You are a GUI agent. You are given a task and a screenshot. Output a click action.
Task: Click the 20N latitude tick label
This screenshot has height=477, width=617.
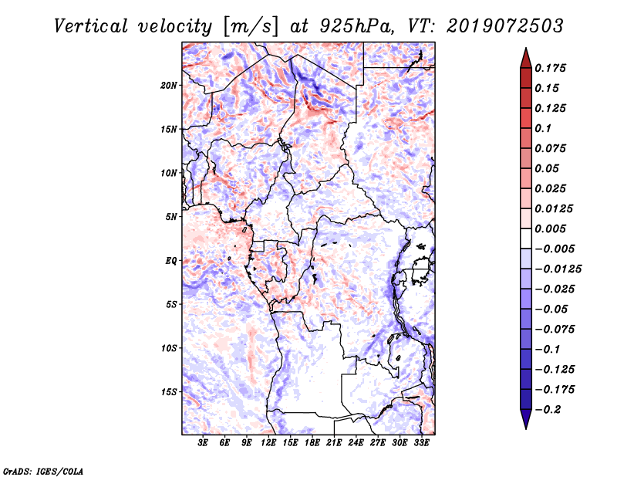(169, 85)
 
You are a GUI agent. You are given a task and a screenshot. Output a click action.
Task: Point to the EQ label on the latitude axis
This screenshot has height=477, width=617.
(170, 261)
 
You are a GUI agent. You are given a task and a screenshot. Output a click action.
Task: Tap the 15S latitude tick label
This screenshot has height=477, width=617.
(169, 392)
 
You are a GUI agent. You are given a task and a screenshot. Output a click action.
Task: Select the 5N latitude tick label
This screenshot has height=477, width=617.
(170, 217)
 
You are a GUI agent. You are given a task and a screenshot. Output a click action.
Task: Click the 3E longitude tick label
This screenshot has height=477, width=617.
(204, 444)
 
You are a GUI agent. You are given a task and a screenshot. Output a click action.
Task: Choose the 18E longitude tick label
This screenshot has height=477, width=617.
(312, 444)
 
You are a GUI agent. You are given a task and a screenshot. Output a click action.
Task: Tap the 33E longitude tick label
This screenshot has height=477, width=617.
(421, 444)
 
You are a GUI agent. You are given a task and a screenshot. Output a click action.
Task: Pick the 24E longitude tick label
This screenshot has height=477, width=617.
(356, 444)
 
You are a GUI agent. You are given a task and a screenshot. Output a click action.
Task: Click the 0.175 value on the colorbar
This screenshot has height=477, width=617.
(551, 68)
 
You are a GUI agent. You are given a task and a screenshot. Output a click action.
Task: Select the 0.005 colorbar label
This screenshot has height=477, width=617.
(551, 229)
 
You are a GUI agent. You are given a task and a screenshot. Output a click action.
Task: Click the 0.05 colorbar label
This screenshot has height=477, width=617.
(548, 168)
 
